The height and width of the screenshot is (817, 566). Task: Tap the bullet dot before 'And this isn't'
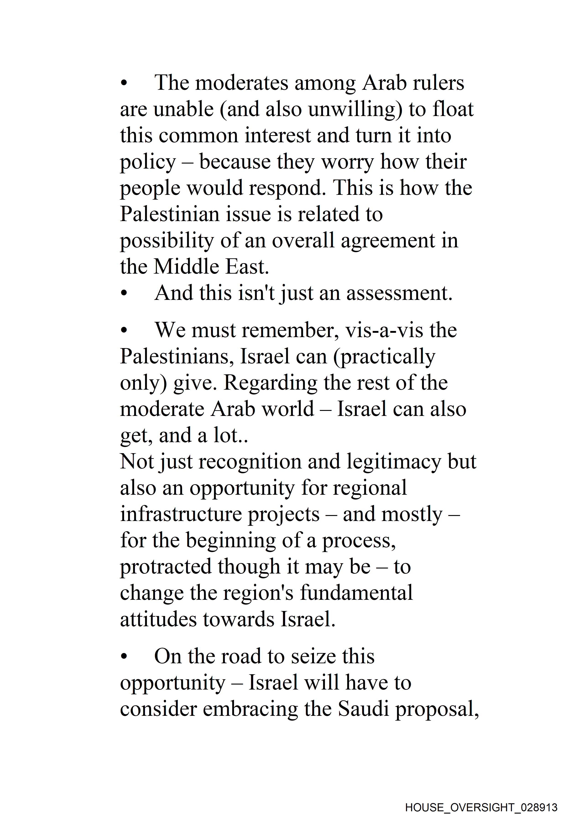pyautogui.click(x=123, y=294)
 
